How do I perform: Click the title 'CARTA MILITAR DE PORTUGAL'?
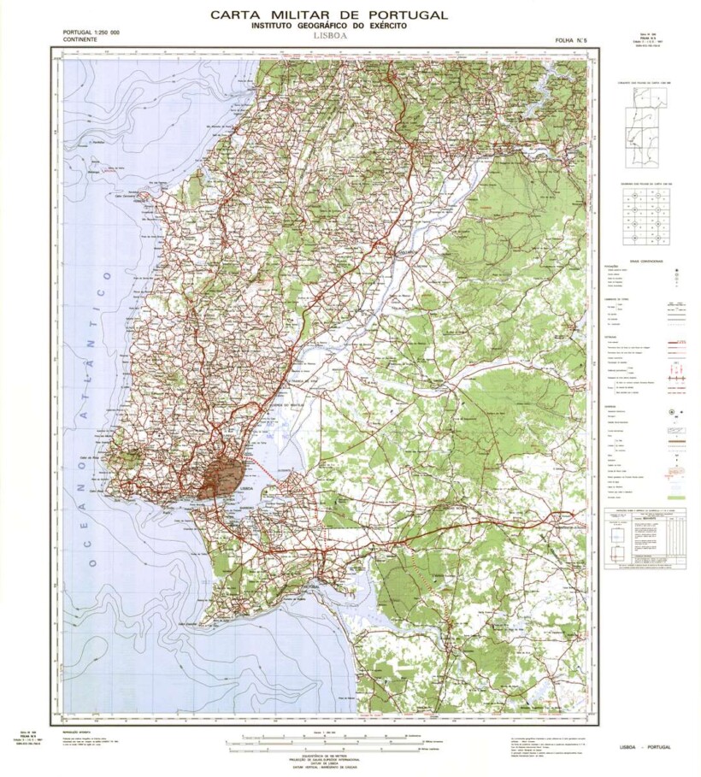click(328, 15)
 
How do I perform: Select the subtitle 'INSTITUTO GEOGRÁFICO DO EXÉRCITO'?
click(328, 26)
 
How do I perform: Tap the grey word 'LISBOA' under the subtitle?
click(328, 38)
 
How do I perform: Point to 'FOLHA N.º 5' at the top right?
click(572, 40)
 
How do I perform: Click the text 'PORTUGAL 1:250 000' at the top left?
click(91, 32)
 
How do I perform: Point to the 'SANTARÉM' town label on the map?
click(399, 254)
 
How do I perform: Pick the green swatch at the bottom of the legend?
click(676, 497)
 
